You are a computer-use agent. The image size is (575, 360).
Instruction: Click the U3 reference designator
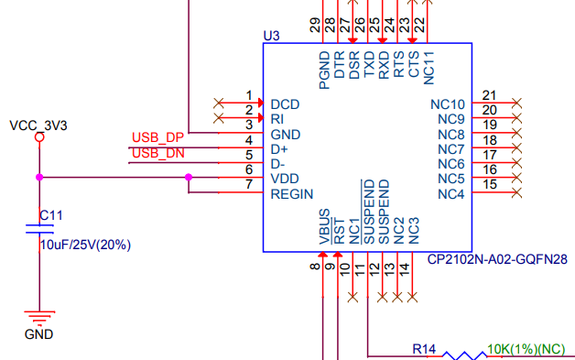[x=271, y=36]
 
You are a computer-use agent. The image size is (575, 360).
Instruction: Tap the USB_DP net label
[x=157, y=137]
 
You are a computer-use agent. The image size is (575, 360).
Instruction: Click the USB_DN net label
[x=157, y=152]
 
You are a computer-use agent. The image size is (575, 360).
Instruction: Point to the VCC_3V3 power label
[x=38, y=125]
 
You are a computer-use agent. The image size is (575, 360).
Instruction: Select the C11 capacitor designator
[x=51, y=215]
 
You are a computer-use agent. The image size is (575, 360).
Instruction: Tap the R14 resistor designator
[x=423, y=348]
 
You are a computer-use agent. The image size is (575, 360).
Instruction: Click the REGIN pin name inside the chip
[x=292, y=194]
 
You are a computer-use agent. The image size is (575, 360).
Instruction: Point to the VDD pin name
[x=284, y=179]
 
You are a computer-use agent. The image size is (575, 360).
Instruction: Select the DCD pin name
[x=285, y=104]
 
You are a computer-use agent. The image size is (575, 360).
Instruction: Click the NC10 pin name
[x=448, y=104]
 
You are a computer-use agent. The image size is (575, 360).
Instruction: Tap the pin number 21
[x=489, y=95]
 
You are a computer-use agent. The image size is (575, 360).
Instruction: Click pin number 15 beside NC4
[x=489, y=185]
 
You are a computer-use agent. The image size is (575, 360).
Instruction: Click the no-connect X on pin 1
[x=218, y=103]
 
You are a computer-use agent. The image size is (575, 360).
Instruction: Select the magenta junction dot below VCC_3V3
[x=38, y=178]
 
